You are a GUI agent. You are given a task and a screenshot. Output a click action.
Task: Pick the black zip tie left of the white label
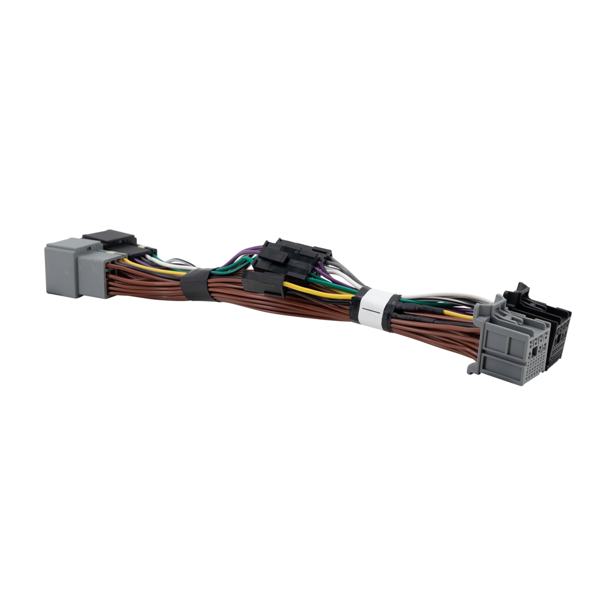click(x=355, y=304)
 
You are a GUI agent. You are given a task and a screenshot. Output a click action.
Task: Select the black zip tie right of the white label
click(x=389, y=312)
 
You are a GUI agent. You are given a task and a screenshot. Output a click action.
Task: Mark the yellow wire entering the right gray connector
click(x=459, y=314)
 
